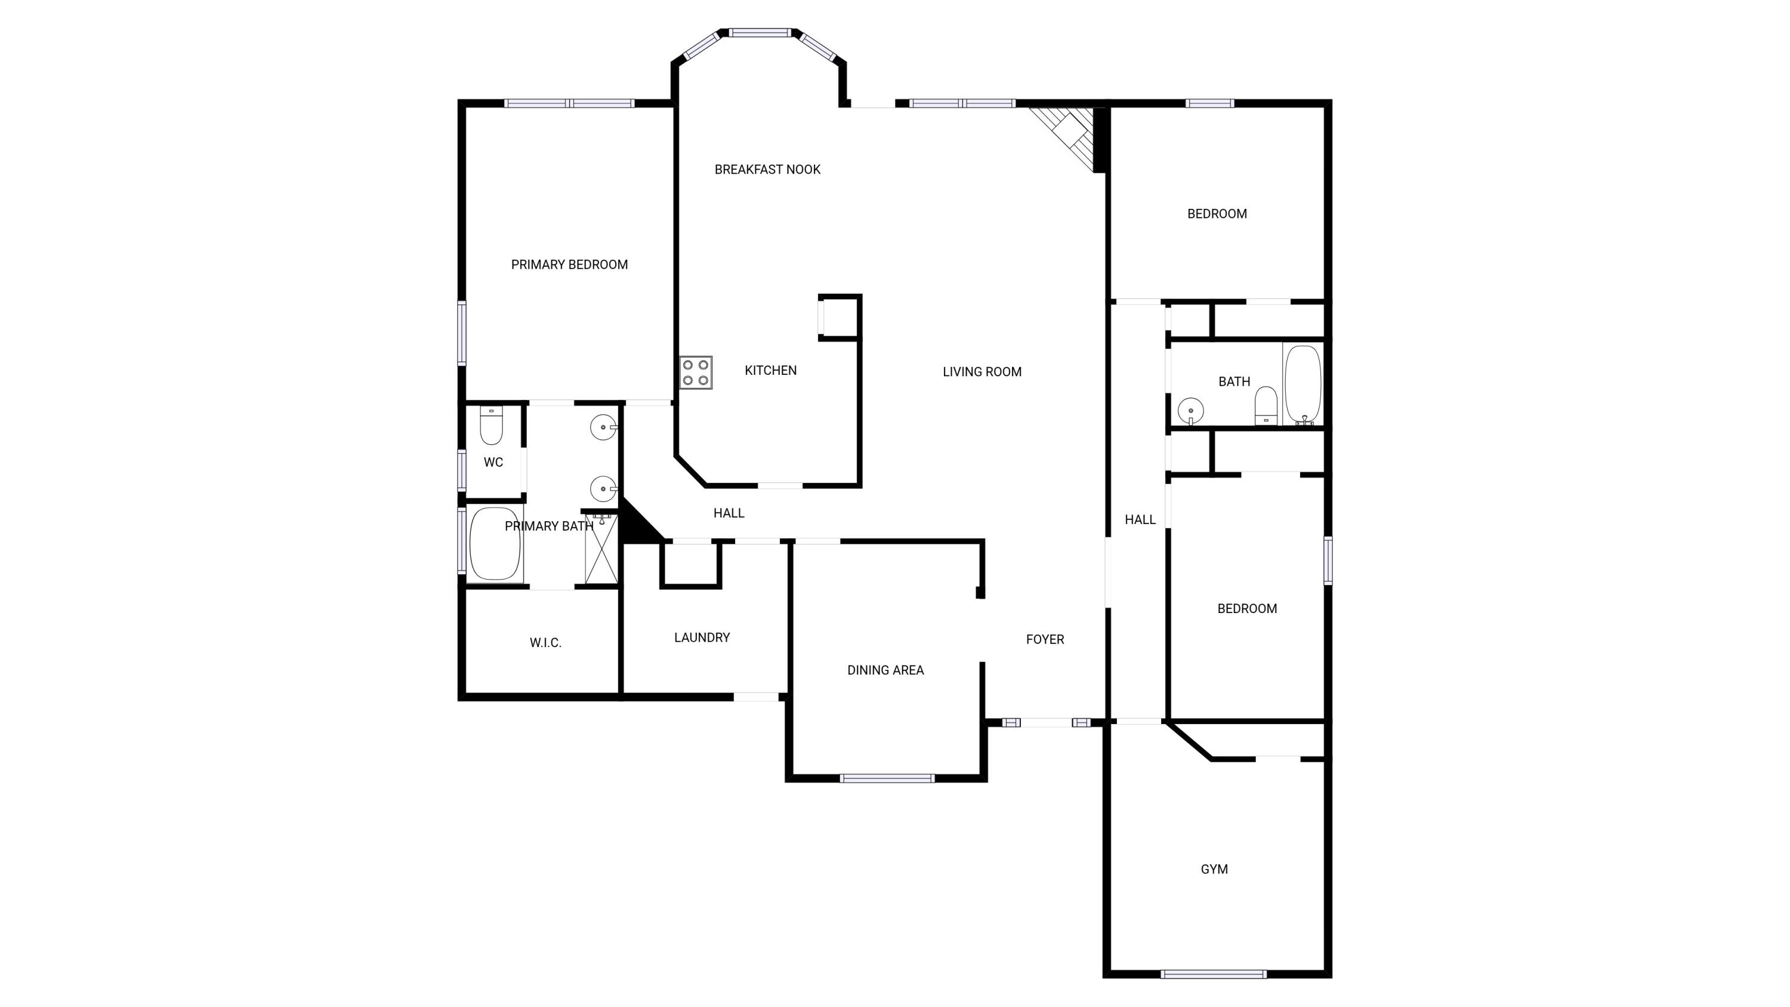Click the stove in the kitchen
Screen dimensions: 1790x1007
pyautogui.click(x=696, y=372)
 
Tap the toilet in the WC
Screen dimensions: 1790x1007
pyautogui.click(x=491, y=426)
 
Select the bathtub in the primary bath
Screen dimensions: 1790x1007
pyautogui.click(x=495, y=543)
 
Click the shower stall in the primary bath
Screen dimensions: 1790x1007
pyautogui.click(x=601, y=547)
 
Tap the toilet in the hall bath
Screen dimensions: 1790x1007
pyautogui.click(x=1266, y=405)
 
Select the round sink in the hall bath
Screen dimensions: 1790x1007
pyautogui.click(x=1191, y=411)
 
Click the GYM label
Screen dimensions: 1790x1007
pyautogui.click(x=1214, y=869)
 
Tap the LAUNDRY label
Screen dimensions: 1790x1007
pyautogui.click(x=702, y=638)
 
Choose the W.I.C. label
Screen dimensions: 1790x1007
pyautogui.click(x=545, y=643)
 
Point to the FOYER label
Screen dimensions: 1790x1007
pyautogui.click(x=1045, y=639)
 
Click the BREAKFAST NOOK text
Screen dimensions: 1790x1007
pyautogui.click(x=767, y=170)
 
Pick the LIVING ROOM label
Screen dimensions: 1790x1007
pyautogui.click(x=982, y=372)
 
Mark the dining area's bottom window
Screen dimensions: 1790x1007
pyautogui.click(x=887, y=778)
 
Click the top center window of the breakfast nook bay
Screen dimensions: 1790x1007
pyautogui.click(x=760, y=33)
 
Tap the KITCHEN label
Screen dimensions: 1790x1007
pyautogui.click(x=771, y=371)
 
